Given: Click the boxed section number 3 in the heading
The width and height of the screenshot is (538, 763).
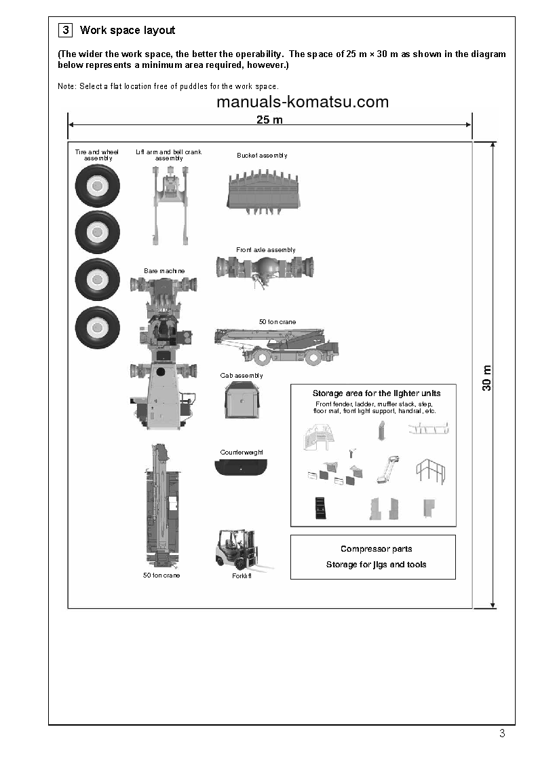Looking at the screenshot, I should [x=66, y=30].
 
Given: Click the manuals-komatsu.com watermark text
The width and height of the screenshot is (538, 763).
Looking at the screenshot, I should [x=303, y=102].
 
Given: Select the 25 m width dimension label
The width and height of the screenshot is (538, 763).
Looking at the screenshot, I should [x=269, y=120].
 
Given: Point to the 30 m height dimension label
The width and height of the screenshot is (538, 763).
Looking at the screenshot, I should [x=486, y=378].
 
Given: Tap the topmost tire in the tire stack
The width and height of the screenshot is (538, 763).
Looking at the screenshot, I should [x=97, y=185].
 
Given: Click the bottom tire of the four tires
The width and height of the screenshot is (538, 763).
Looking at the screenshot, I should [x=97, y=329].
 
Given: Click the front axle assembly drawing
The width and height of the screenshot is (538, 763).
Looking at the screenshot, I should [x=265, y=267].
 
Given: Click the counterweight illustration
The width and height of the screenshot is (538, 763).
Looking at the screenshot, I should [x=241, y=468].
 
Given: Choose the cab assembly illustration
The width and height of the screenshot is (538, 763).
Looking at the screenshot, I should [x=242, y=400].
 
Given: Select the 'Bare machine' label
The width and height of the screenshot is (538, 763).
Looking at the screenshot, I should [x=164, y=271].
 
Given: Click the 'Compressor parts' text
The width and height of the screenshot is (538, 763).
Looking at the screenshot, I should [x=376, y=549].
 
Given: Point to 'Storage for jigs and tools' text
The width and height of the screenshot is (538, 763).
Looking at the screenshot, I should [x=376, y=565].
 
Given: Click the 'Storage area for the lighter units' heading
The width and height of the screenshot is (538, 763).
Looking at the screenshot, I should [x=376, y=393].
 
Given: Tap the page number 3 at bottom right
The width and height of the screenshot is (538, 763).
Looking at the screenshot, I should [x=502, y=732].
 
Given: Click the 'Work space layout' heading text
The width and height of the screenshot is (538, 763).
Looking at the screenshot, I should [x=128, y=30].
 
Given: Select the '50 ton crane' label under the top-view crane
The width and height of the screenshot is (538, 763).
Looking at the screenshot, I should [x=161, y=575].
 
